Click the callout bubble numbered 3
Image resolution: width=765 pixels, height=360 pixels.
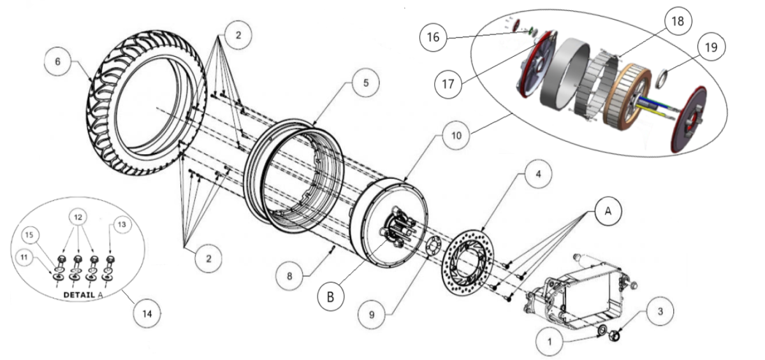[660, 312]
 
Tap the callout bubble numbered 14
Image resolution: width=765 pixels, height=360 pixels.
[148, 314]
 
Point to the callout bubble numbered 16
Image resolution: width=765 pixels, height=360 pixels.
[433, 38]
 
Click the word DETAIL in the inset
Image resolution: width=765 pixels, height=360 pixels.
[80, 296]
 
